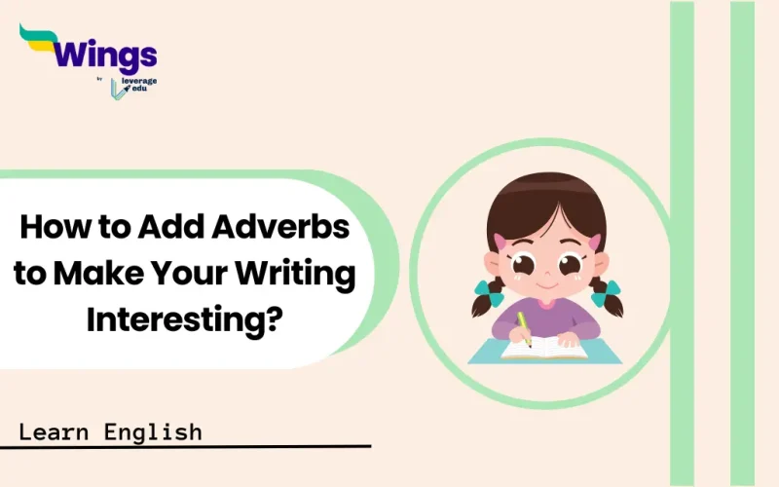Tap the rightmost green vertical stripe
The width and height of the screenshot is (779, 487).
click(743, 243)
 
